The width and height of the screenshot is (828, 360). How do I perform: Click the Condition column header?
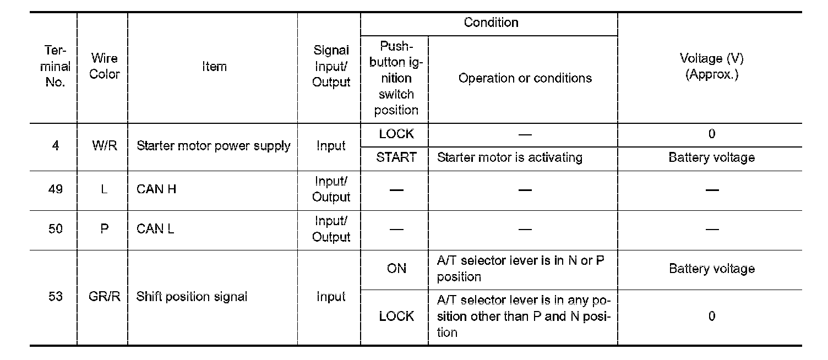[x=491, y=23]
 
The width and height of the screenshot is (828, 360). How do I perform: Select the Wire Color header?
[x=104, y=67]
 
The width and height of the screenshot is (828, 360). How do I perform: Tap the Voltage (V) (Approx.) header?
[x=711, y=67]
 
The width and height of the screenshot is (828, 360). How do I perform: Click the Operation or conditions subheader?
[x=525, y=78]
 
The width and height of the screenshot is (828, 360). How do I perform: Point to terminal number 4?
[x=56, y=146]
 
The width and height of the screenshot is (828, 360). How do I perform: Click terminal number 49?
[x=56, y=189]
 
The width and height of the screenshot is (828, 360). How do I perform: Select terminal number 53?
[x=56, y=297]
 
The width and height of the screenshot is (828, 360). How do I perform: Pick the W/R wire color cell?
[x=104, y=146]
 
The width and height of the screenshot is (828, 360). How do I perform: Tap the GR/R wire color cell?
[x=104, y=297]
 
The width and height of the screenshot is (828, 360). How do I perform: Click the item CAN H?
[x=156, y=189]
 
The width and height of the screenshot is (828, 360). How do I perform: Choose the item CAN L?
[x=155, y=229]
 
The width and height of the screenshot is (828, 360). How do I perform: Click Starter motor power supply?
[x=213, y=146]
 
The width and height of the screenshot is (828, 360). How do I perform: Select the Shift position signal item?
[x=192, y=297]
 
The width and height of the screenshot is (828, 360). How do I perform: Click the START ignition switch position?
[x=396, y=158]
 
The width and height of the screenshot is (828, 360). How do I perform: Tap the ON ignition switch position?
[x=396, y=269]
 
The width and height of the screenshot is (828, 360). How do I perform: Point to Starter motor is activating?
[x=509, y=158]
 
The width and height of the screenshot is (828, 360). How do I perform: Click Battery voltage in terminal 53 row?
[x=711, y=269]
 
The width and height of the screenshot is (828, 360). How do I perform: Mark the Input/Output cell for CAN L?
[x=331, y=229]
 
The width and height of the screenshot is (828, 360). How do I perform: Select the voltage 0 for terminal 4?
[x=711, y=134]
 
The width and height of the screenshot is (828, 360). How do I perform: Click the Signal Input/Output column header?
[x=331, y=67]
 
